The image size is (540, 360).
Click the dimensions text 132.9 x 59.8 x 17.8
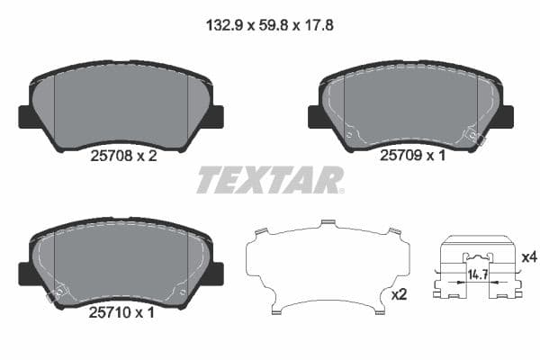(x=269, y=26)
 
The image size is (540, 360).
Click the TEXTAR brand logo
(x=270, y=180)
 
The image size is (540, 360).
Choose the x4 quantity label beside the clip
(x=529, y=258)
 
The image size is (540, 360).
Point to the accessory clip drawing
(x=478, y=270)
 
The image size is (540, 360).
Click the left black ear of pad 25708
(x=24, y=117)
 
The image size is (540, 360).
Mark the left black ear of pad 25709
(x=315, y=117)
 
